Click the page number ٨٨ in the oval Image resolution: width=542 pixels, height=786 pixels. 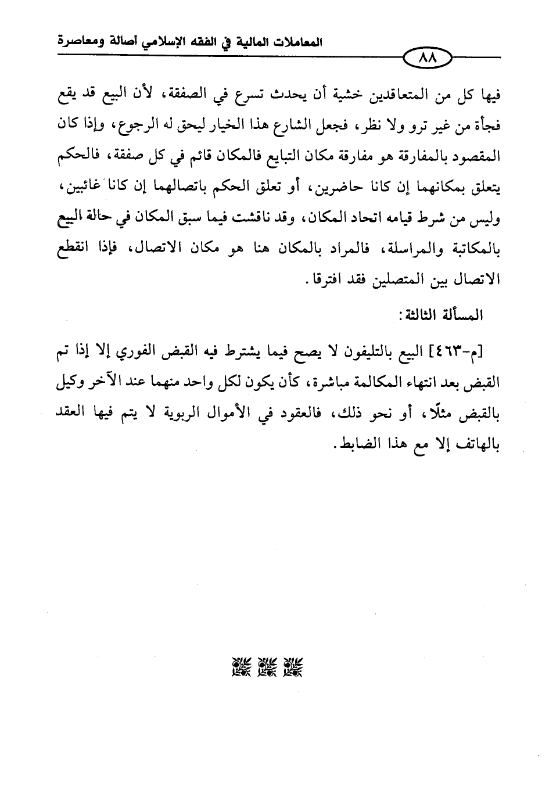coord(426,58)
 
